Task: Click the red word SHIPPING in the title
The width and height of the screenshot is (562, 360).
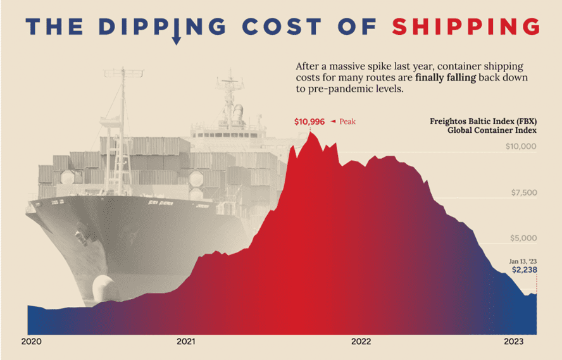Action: point(465,27)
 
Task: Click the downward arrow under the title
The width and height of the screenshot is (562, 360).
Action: point(177,40)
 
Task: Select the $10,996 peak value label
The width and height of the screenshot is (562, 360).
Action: point(309,121)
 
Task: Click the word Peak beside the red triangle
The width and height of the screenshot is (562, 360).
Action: point(348,121)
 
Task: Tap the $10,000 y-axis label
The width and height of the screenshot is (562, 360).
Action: point(521,147)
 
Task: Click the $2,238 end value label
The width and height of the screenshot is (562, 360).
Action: point(524,271)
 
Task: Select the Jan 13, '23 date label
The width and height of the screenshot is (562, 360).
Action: point(523,261)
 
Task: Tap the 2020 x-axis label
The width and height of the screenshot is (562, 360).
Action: point(31,342)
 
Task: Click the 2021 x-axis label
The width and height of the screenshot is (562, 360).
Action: point(186,342)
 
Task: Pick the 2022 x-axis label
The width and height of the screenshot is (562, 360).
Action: point(361,342)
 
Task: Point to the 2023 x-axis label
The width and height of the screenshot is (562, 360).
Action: point(513,342)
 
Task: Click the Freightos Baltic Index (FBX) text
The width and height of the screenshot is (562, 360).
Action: point(483,121)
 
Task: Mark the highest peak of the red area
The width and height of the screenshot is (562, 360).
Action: point(310,132)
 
